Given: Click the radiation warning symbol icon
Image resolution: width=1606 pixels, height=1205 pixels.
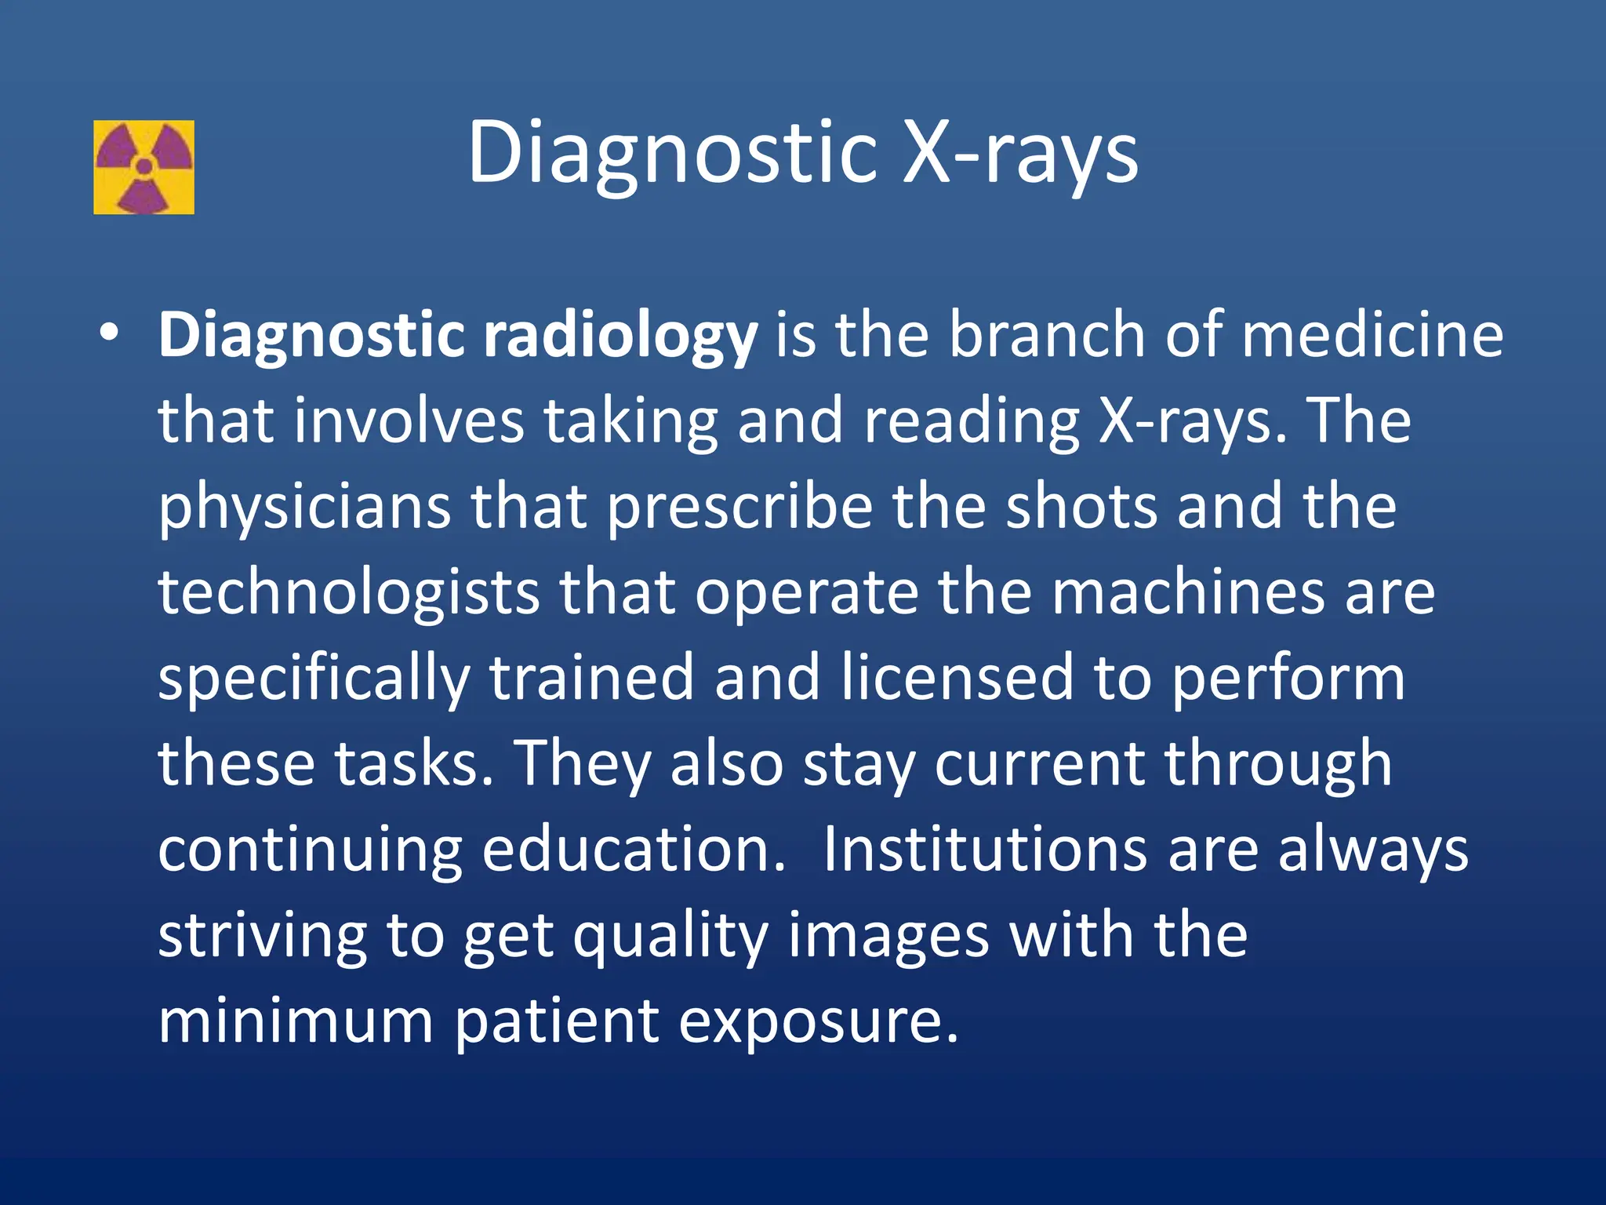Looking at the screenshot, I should point(144,167).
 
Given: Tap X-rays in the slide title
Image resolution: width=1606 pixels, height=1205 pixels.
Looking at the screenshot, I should point(1020,152).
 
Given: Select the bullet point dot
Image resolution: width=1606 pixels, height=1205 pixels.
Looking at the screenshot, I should point(110,333).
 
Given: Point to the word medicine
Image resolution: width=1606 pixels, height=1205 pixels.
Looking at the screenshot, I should point(1372,334).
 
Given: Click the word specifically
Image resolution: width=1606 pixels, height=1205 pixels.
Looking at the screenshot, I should point(314,679).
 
